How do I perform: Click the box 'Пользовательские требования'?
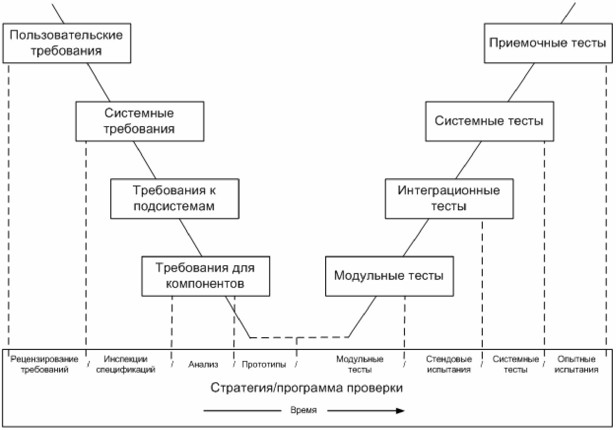pos(67,43)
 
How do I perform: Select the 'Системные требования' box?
pos(140,121)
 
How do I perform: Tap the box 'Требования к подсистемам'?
pos(175,199)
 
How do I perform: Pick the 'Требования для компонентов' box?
pos(206,276)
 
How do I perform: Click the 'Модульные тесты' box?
pos(389,276)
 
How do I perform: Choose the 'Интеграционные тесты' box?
pos(449,199)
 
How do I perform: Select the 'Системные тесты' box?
pos(490,121)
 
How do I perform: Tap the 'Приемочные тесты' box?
pos(548,43)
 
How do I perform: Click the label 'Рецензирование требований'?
pos(44,364)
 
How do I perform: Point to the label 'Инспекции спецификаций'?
pos(126,364)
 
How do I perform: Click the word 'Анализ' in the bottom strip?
pos(203,364)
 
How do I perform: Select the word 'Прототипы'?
pos(264,364)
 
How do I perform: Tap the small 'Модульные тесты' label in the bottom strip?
pos(360,364)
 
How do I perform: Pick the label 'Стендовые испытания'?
pos(449,364)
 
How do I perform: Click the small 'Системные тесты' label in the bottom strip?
pos(516,364)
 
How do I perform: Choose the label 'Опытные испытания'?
pos(576,364)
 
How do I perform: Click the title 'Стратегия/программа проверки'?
pos(307,388)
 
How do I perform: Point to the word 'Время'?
pos(303,410)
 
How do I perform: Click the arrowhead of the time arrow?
pos(401,411)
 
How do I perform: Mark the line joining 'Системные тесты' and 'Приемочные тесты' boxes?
pos(521,82)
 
